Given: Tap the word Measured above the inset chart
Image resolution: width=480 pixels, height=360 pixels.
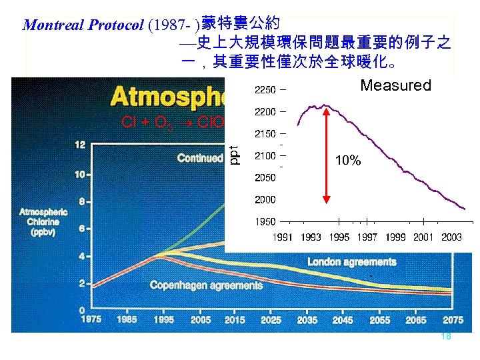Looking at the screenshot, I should (395, 85).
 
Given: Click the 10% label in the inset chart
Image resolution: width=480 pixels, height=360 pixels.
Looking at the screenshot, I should (348, 161).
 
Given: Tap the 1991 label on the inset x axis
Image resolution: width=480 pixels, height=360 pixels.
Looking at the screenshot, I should (282, 237).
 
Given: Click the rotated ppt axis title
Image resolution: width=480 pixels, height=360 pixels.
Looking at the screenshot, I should (234, 155).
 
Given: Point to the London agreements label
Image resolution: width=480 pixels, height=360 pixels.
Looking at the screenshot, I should (351, 262).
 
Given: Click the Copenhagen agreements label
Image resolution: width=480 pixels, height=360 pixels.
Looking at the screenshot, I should (206, 285).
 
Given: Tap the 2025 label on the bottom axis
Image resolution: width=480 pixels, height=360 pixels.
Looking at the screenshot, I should (270, 319).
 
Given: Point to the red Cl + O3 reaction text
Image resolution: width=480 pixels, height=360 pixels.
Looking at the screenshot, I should (172, 123).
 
